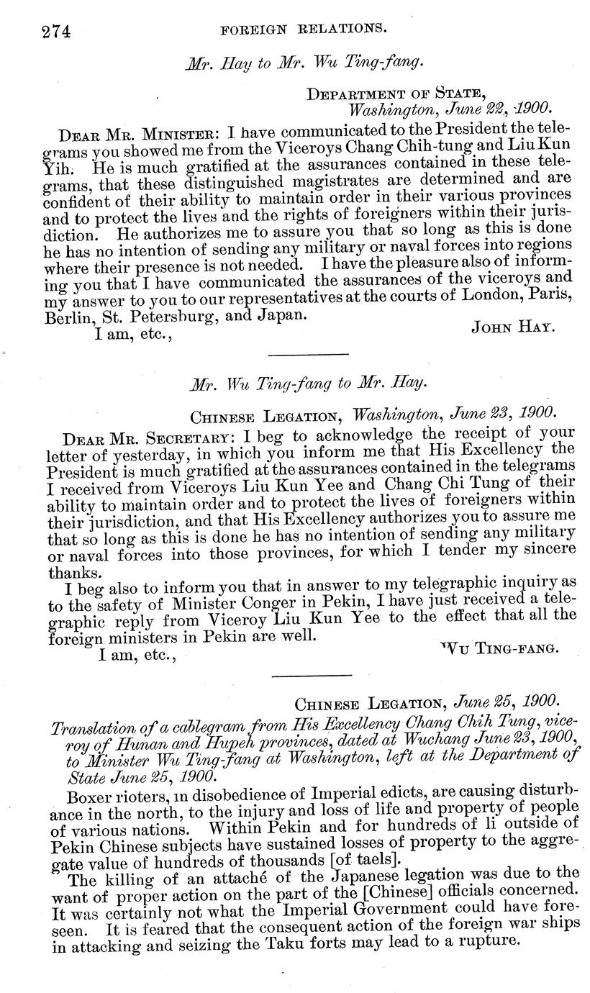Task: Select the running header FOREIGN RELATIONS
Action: pos(304,30)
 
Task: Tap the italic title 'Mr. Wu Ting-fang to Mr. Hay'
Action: pos(308,384)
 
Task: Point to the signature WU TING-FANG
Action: pos(499,649)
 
